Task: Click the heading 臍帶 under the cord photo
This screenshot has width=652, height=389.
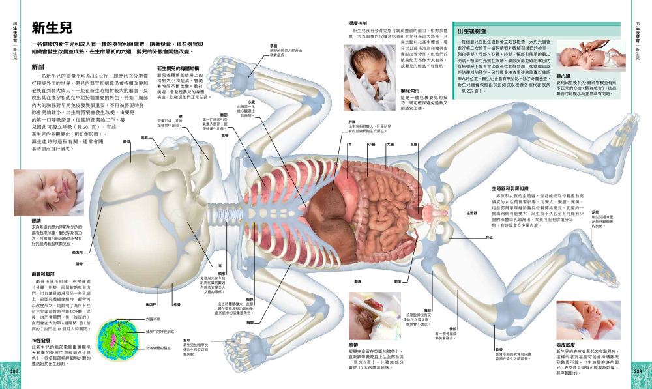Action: [353, 343]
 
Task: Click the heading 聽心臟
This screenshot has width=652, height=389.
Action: [565, 76]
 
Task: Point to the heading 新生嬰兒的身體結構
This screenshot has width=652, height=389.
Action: [177, 67]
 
